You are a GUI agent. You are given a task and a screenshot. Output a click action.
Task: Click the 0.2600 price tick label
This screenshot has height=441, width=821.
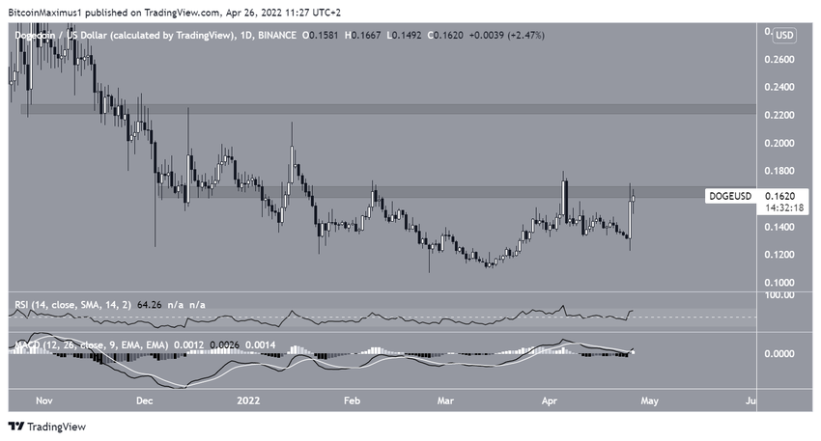click(x=779, y=60)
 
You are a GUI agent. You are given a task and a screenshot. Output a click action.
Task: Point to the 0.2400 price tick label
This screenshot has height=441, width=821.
click(x=779, y=88)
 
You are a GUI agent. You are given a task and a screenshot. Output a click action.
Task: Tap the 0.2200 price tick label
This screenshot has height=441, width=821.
click(x=779, y=116)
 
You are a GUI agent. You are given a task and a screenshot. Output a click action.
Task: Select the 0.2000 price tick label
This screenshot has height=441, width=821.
click(x=779, y=144)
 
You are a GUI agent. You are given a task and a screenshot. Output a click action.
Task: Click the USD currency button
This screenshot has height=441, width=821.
click(x=784, y=36)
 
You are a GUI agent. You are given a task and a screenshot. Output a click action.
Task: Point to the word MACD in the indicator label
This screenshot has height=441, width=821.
click(x=25, y=344)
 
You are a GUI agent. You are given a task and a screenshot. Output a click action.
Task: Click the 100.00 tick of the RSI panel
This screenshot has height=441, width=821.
click(x=779, y=294)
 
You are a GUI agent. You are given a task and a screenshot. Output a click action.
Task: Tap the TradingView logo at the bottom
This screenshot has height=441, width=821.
click(x=44, y=427)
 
